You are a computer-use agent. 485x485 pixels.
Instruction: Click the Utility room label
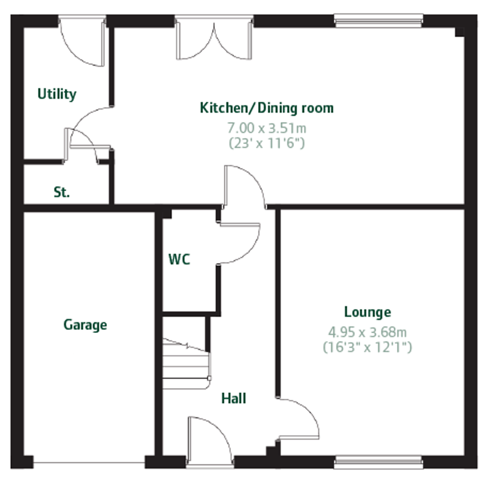pos(57,94)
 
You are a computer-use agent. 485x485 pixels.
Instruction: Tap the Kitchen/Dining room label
pos(267,108)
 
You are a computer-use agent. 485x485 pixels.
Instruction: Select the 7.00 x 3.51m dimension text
pos(267,128)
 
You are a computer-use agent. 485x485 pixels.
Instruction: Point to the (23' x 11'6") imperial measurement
pos(267,143)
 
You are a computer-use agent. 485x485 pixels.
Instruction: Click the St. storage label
pos(62,192)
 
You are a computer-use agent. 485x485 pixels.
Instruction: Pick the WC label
pos(179,259)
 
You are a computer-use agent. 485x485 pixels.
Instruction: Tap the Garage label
pos(85,325)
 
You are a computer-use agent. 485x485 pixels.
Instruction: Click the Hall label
pos(234,399)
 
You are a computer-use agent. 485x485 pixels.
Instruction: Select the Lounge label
pos(367,312)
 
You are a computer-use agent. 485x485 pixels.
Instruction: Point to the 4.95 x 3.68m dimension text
pos(367,332)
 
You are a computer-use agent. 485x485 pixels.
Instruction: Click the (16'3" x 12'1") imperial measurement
pos(367,348)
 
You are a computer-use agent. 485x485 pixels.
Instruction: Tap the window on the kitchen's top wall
pos(378,21)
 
